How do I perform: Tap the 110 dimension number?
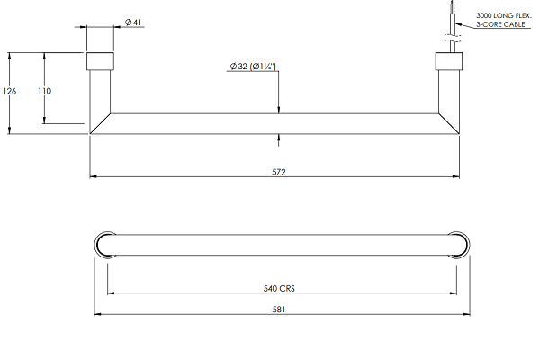click(x=45, y=92)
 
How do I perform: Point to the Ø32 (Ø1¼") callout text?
click(x=253, y=67)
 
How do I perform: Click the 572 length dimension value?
click(x=278, y=172)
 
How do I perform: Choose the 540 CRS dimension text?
click(x=280, y=290)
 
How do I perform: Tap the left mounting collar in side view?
click(x=100, y=62)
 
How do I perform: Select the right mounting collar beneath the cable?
click(x=448, y=62)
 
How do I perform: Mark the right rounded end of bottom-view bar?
click(x=458, y=245)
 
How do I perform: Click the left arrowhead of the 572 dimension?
click(x=94, y=175)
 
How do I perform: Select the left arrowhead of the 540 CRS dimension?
click(x=112, y=293)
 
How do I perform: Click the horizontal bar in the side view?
click(x=278, y=123)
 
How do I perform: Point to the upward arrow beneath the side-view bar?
click(x=280, y=139)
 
